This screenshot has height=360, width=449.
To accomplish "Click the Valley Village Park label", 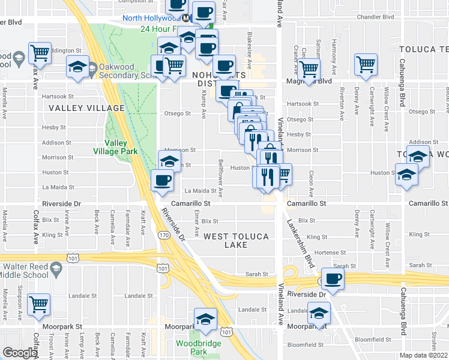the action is pyautogui.click(x=121, y=147).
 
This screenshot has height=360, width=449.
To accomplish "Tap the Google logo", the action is pyautogui.click(x=20, y=353).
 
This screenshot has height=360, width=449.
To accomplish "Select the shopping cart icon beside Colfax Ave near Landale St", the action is pyautogui.click(x=39, y=304).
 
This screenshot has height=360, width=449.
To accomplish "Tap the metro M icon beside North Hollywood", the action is pyautogui.click(x=187, y=18).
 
